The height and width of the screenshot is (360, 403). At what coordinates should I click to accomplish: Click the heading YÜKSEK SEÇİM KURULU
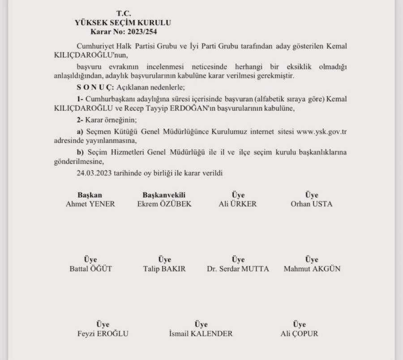[123, 22]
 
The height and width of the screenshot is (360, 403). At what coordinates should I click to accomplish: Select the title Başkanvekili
[164, 195]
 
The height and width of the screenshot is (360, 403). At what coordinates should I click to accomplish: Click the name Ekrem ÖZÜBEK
[164, 204]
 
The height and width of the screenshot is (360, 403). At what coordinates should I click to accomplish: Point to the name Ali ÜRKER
[238, 204]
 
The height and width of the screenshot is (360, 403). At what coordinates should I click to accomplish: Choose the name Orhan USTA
[312, 204]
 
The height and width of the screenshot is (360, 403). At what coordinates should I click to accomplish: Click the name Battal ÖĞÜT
[90, 269]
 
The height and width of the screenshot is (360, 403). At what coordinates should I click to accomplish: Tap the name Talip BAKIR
[164, 269]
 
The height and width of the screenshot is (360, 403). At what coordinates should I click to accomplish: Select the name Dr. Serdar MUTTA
[238, 269]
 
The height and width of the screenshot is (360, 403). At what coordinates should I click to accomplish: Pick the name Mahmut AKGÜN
[312, 269]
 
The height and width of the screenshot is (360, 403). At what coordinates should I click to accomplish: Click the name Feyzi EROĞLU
[103, 334]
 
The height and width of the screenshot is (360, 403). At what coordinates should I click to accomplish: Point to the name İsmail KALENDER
[201, 334]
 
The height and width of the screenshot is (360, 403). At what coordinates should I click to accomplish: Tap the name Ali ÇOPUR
[299, 334]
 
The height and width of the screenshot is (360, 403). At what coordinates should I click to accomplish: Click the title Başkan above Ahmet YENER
[90, 195]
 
